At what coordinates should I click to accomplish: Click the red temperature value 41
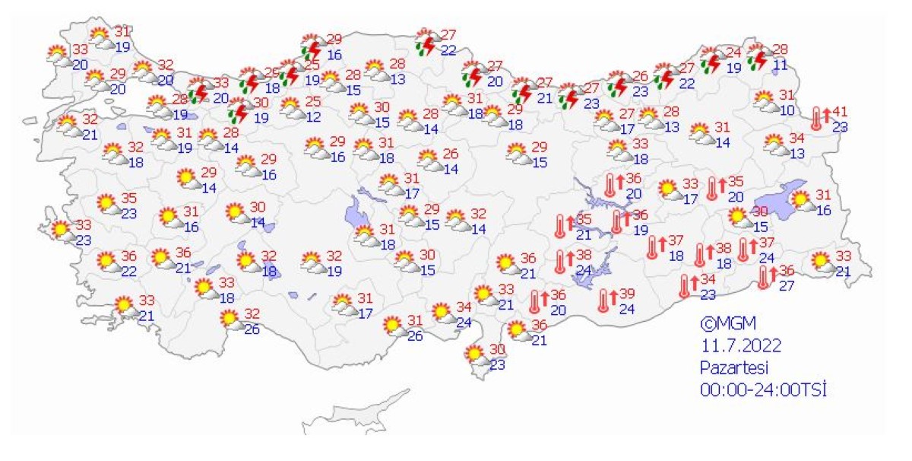click(x=839, y=112)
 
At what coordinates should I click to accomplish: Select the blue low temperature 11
click(x=780, y=65)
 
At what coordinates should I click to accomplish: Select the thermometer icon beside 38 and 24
click(x=560, y=261)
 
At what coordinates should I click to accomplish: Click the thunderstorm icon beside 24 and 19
click(x=711, y=60)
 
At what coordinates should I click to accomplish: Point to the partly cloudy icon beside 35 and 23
click(x=107, y=205)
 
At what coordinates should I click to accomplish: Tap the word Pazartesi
click(x=733, y=367)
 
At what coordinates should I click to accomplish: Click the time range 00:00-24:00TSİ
click(x=762, y=390)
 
